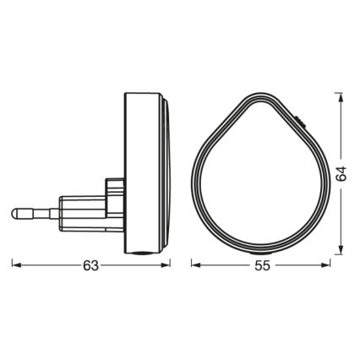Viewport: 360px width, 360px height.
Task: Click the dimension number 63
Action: tap(91, 265)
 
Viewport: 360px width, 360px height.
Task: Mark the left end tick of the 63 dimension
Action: tap(12, 265)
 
